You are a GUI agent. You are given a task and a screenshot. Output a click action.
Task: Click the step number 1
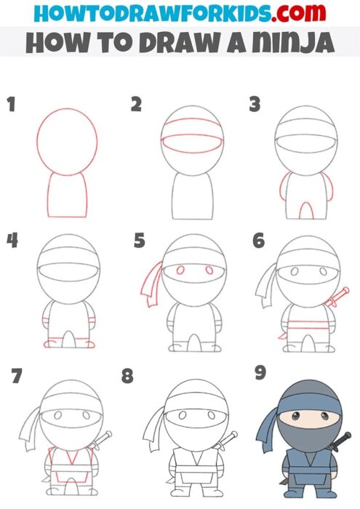tap(11, 105)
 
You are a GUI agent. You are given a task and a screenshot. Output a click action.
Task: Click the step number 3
tap(255, 105)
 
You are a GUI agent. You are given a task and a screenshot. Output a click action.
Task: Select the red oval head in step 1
tap(68, 142)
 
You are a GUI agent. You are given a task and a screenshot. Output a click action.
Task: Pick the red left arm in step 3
tap(279, 193)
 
